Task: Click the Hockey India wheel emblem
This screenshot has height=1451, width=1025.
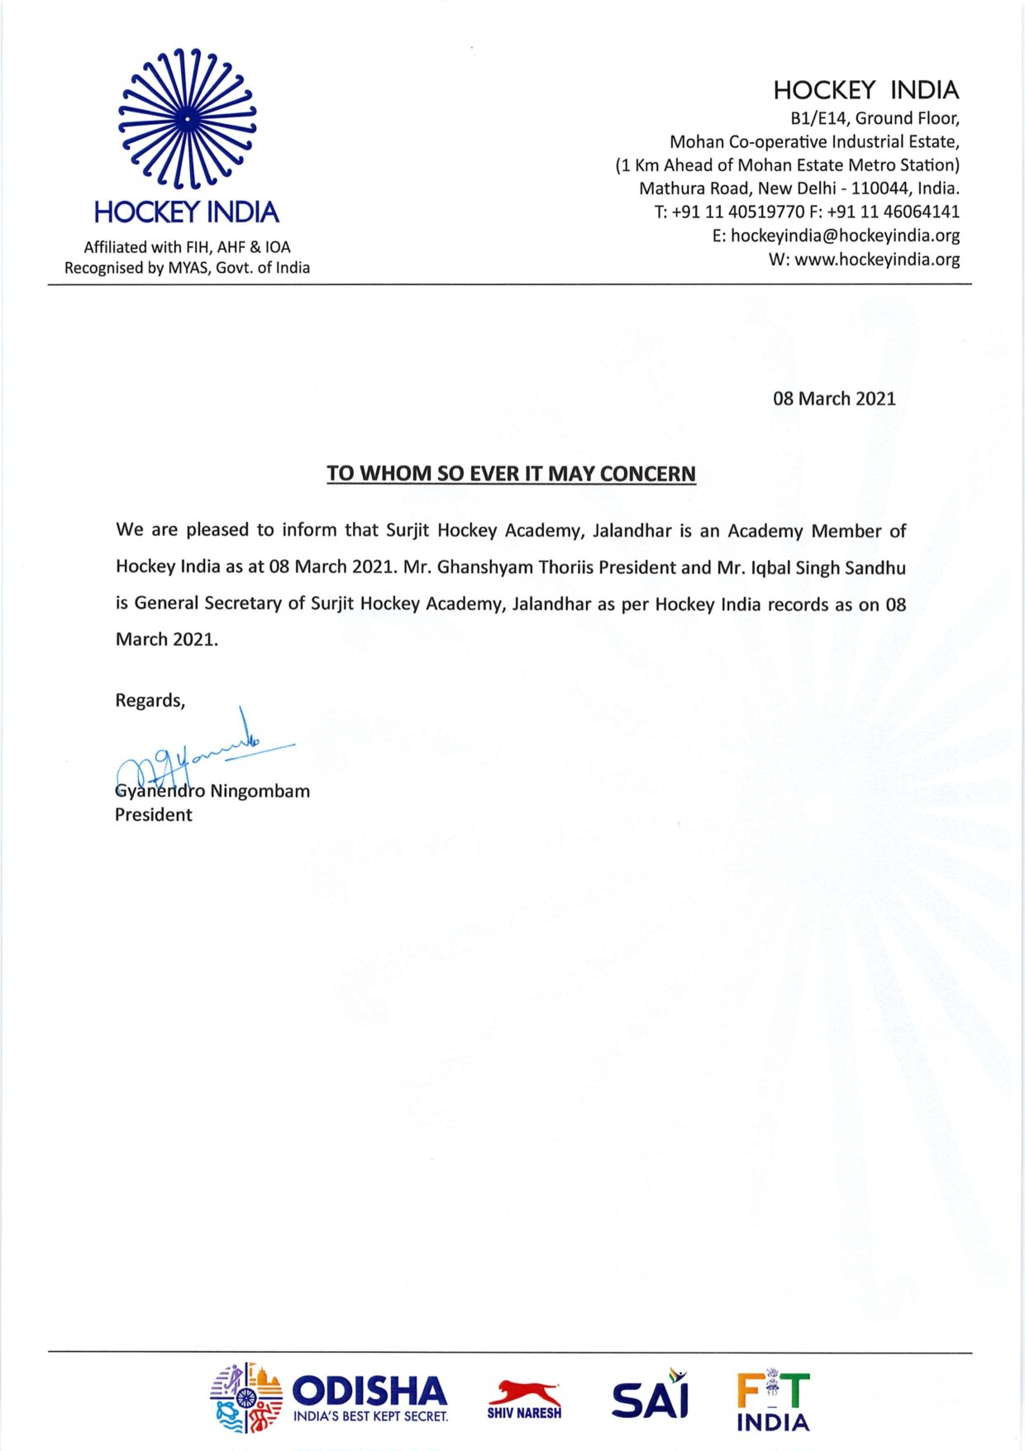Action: (187, 118)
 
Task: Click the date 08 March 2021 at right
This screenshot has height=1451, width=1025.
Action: (834, 399)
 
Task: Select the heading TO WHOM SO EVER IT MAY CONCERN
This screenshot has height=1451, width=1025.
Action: (511, 474)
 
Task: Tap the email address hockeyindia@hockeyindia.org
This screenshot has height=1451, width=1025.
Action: (845, 236)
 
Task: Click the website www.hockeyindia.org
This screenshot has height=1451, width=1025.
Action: (877, 260)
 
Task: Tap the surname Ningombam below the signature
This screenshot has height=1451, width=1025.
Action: (260, 791)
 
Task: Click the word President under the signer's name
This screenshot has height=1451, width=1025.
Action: (154, 815)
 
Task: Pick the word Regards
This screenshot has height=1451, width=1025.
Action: (149, 701)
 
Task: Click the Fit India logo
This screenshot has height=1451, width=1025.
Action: (774, 1401)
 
